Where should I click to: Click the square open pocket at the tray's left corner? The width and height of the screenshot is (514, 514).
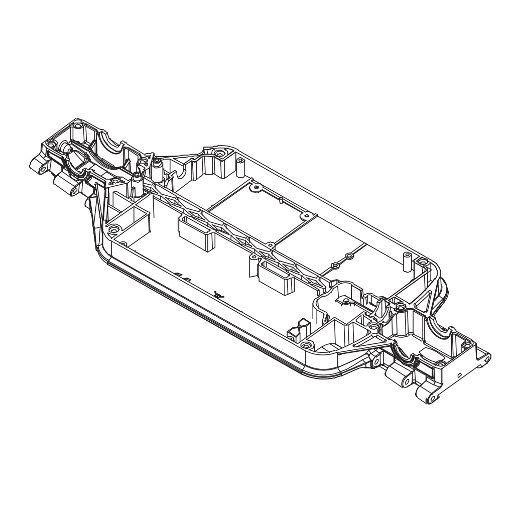point(135,221)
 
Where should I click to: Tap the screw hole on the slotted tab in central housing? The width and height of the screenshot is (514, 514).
point(345,301)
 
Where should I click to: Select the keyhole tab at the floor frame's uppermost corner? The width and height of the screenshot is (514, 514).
point(256,188)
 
